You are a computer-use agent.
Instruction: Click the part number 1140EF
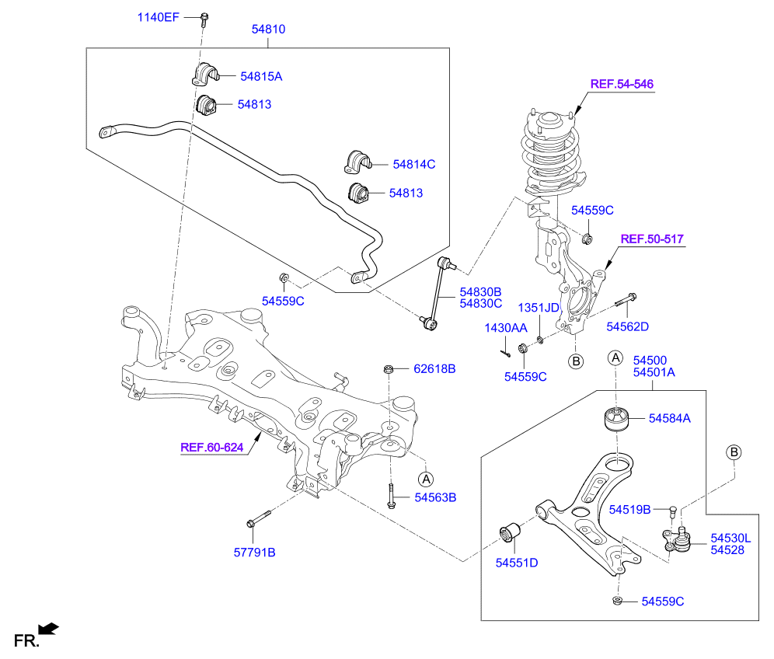coord(158,17)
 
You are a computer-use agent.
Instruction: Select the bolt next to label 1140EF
coord(204,19)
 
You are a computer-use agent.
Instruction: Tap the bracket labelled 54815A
coord(205,74)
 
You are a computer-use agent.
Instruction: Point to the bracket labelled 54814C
coord(357,162)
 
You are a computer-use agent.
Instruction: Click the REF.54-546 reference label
coord(622,84)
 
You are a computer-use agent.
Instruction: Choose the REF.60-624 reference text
coord(212,447)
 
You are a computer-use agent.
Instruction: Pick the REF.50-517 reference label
coord(651,239)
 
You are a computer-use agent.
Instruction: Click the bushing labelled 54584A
coord(617,419)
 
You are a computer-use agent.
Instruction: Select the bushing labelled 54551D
coord(510,533)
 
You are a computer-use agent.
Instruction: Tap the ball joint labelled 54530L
coord(677,539)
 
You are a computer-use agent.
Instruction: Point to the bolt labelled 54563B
coord(391,495)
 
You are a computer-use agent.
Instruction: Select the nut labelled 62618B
coord(389,368)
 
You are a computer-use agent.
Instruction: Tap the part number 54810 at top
coord(268,29)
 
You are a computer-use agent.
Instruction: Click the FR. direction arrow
coord(48,629)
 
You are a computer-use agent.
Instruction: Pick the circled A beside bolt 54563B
coord(426,479)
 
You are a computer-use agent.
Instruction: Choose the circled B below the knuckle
coord(576,361)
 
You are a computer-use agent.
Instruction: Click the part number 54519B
coord(629,510)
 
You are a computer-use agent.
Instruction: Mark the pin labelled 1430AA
coord(505,353)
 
